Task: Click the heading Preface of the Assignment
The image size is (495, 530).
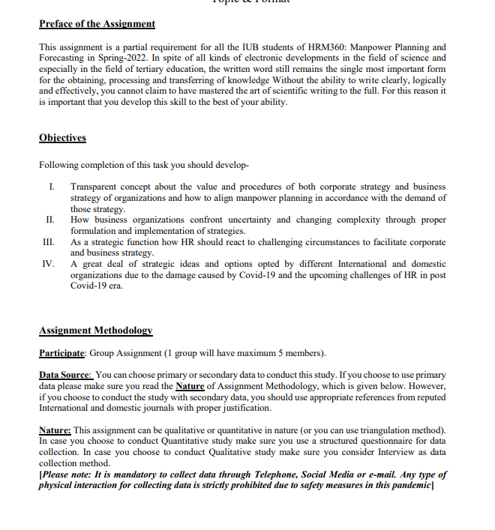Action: [97, 24]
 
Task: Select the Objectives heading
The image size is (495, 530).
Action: [62, 138]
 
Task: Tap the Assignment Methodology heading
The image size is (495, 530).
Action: [95, 330]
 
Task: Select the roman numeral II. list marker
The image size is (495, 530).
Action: [49, 220]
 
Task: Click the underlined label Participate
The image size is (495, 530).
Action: [62, 353]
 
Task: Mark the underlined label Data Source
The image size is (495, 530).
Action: [65, 375]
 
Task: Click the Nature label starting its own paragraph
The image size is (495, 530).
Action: [55, 430]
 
